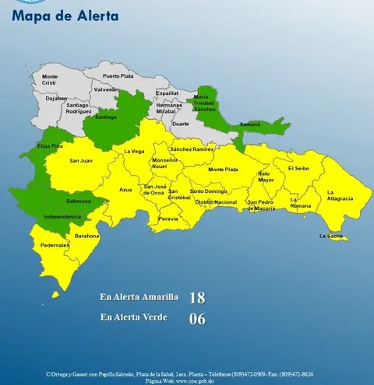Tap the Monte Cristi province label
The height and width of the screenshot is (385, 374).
49,80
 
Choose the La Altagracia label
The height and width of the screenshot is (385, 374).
340,195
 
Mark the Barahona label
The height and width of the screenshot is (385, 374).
86,235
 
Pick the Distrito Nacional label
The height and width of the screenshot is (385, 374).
216,201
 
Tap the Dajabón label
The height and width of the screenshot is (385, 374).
34,99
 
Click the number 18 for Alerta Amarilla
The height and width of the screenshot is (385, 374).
197,298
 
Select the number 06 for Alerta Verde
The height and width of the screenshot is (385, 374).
197,318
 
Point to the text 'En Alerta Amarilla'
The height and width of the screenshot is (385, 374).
139,297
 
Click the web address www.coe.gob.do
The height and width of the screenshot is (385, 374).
190,381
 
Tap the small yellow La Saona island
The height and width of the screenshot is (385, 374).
338,239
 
